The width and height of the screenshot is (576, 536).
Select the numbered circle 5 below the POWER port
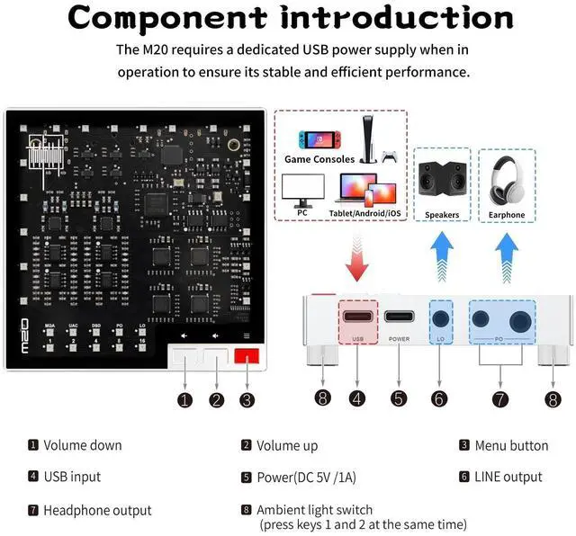point(400,398)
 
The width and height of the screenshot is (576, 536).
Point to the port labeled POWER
point(400,317)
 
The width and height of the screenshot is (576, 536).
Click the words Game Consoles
point(319,159)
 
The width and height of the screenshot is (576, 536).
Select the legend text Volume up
point(286,445)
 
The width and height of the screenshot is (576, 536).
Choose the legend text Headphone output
point(97,510)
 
